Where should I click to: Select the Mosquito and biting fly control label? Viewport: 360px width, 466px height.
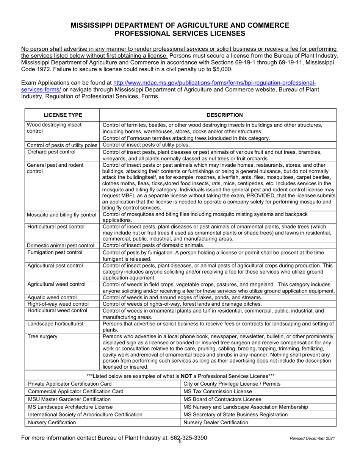(61, 215)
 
